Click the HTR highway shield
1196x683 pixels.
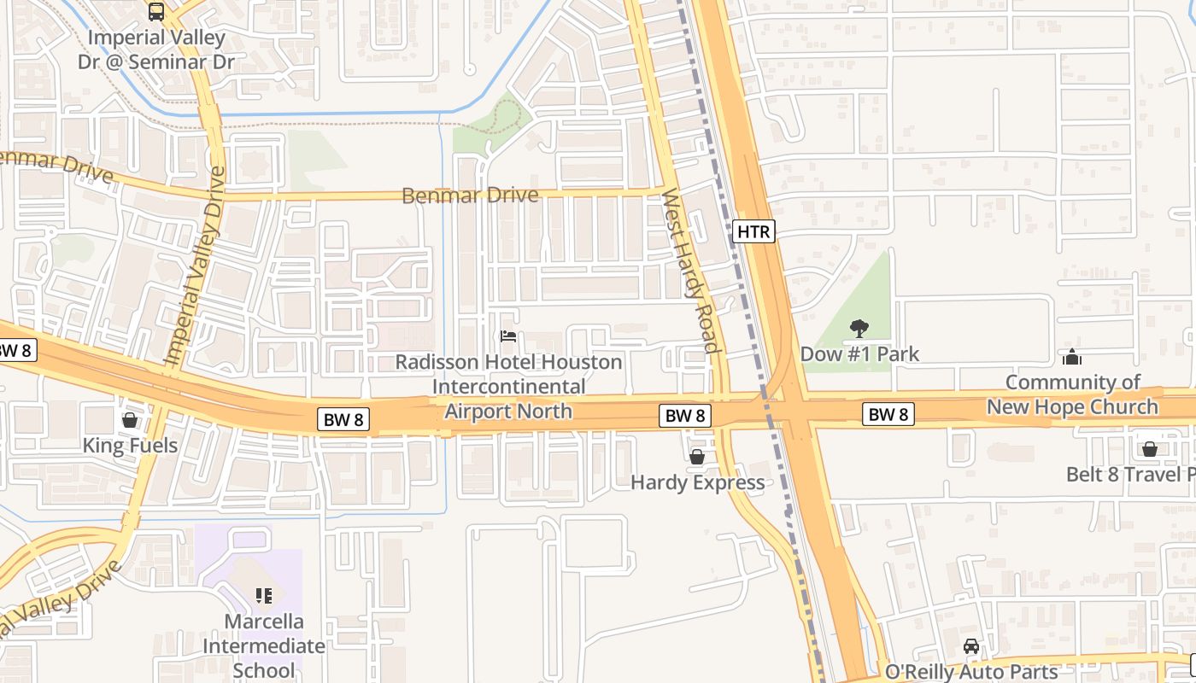click(753, 231)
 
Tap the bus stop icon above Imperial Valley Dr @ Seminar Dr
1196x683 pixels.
click(156, 12)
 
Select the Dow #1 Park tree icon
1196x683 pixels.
click(859, 328)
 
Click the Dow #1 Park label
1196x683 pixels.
click(859, 353)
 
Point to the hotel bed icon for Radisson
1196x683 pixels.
click(508, 336)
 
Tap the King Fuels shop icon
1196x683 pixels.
click(130, 420)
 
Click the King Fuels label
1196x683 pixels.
click(130, 445)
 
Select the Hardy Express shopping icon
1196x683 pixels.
click(697, 457)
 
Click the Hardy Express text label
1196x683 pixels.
click(697, 482)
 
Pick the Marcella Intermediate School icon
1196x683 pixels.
click(264, 595)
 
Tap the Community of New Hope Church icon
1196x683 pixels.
click(1072, 357)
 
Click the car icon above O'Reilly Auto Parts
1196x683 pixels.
click(971, 646)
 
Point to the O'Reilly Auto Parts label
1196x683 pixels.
click(971, 672)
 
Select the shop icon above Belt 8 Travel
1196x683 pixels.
click(1150, 449)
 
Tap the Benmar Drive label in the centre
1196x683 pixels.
click(470, 196)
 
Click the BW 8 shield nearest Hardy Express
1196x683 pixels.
click(685, 416)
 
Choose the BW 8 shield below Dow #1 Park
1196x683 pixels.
click(888, 415)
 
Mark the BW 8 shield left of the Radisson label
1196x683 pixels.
click(344, 419)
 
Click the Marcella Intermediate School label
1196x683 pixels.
click(264, 645)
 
